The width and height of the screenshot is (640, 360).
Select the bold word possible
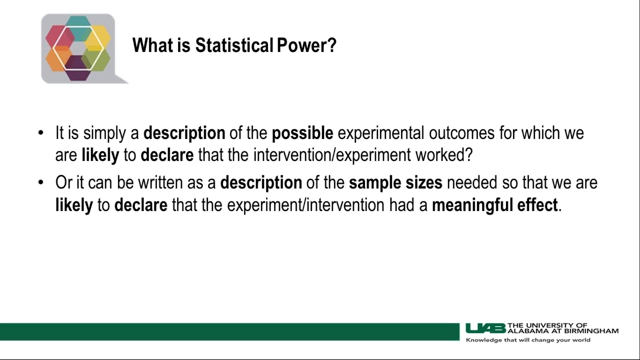pos(302,133)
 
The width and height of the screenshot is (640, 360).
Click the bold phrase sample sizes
pos(395,183)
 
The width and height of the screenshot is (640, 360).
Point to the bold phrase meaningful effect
pos(494,205)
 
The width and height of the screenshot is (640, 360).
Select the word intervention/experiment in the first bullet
pos(332,155)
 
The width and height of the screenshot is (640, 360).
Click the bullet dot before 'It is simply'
pos(41,133)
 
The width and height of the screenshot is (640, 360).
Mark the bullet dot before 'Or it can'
pos(41,183)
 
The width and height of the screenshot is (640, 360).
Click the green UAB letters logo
pos(485,328)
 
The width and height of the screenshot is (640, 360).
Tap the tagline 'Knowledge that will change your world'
pos(528,340)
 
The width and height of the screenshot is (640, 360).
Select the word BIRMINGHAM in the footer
pos(595,330)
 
